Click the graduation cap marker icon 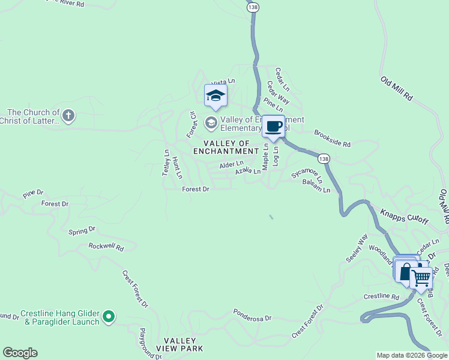tap(215, 95)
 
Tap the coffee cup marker tap(274, 127)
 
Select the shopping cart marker tap(421, 277)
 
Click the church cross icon tap(68, 115)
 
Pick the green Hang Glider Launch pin tap(109, 316)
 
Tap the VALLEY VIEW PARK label tap(179, 344)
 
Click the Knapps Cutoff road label tap(405, 217)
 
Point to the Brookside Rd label tap(332, 140)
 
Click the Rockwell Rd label tap(106, 246)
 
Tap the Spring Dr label tap(82, 230)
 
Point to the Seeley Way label tap(356, 247)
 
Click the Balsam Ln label tap(316, 186)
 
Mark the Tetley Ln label tap(166, 161)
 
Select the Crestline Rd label tap(381, 297)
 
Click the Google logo tap(20, 353)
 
